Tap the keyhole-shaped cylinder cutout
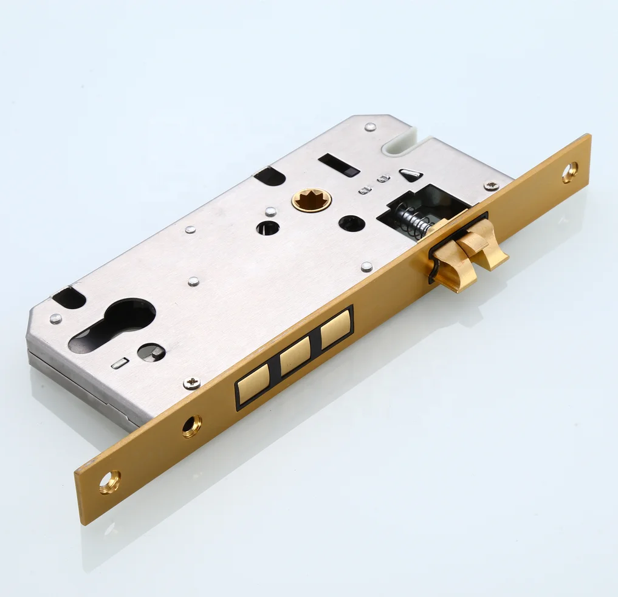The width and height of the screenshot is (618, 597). (x=112, y=326)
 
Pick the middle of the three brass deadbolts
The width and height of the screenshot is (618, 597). (x=295, y=356)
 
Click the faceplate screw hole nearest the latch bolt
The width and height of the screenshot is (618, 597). (x=569, y=172)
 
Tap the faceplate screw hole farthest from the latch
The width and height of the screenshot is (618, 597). (x=109, y=482)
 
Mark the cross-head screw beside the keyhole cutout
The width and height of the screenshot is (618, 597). (x=192, y=383)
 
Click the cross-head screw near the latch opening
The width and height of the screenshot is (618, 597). (x=491, y=186)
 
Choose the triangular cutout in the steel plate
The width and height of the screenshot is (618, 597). (x=411, y=175)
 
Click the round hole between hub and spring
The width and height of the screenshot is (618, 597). (x=352, y=223)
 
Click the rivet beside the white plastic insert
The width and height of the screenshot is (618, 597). (x=369, y=128)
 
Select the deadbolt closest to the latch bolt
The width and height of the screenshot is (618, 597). (x=335, y=329)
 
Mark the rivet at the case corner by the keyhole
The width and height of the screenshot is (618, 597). (x=55, y=318)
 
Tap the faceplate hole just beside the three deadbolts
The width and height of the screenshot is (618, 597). (x=192, y=426)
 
